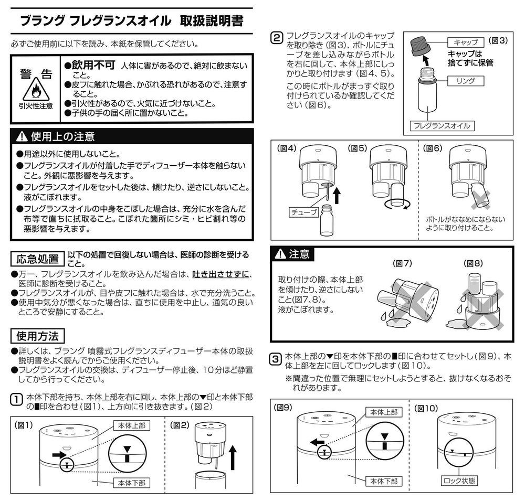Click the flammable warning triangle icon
point(36,90)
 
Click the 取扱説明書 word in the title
point(212,21)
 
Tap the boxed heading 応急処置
point(37,259)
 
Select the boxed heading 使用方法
point(37,336)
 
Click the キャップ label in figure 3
point(466,42)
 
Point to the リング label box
point(466,81)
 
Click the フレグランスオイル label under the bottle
point(442,126)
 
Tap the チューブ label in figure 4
point(303,212)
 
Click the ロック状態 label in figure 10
point(459,480)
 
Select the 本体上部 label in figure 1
point(132,425)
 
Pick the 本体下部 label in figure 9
point(384,481)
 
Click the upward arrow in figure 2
point(233,458)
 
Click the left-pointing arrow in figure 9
point(317,443)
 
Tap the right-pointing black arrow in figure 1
point(60,455)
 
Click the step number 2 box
point(277,38)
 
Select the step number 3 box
point(276,359)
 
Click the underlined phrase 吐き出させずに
point(220,274)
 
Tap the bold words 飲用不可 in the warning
point(93,65)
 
